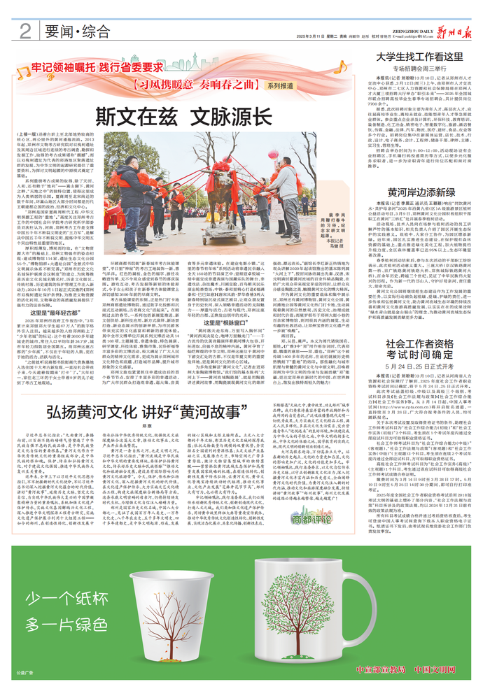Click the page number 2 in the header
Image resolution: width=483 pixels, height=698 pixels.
(24, 30)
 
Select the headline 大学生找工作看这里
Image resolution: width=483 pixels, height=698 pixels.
(419, 57)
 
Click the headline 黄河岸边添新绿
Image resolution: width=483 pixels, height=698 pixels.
(419, 192)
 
